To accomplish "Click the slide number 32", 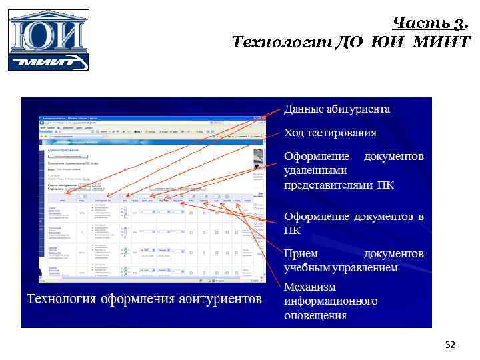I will [x=450, y=345].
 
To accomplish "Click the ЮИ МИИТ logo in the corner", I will [x=48, y=40].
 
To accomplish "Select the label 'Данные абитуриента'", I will [x=337, y=109].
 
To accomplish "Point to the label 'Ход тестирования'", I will [x=330, y=133].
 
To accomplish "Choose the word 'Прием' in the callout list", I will [x=301, y=254].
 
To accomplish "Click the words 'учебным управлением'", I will [x=341, y=268].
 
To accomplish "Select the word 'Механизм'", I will [x=310, y=287].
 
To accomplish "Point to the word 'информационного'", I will [x=331, y=301].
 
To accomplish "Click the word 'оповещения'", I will [x=315, y=315].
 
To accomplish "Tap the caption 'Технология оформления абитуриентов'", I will [x=144, y=297].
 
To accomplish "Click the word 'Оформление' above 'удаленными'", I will [x=317, y=157].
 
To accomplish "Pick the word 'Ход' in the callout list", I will [x=295, y=133].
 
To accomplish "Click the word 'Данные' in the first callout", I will [x=305, y=109].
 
